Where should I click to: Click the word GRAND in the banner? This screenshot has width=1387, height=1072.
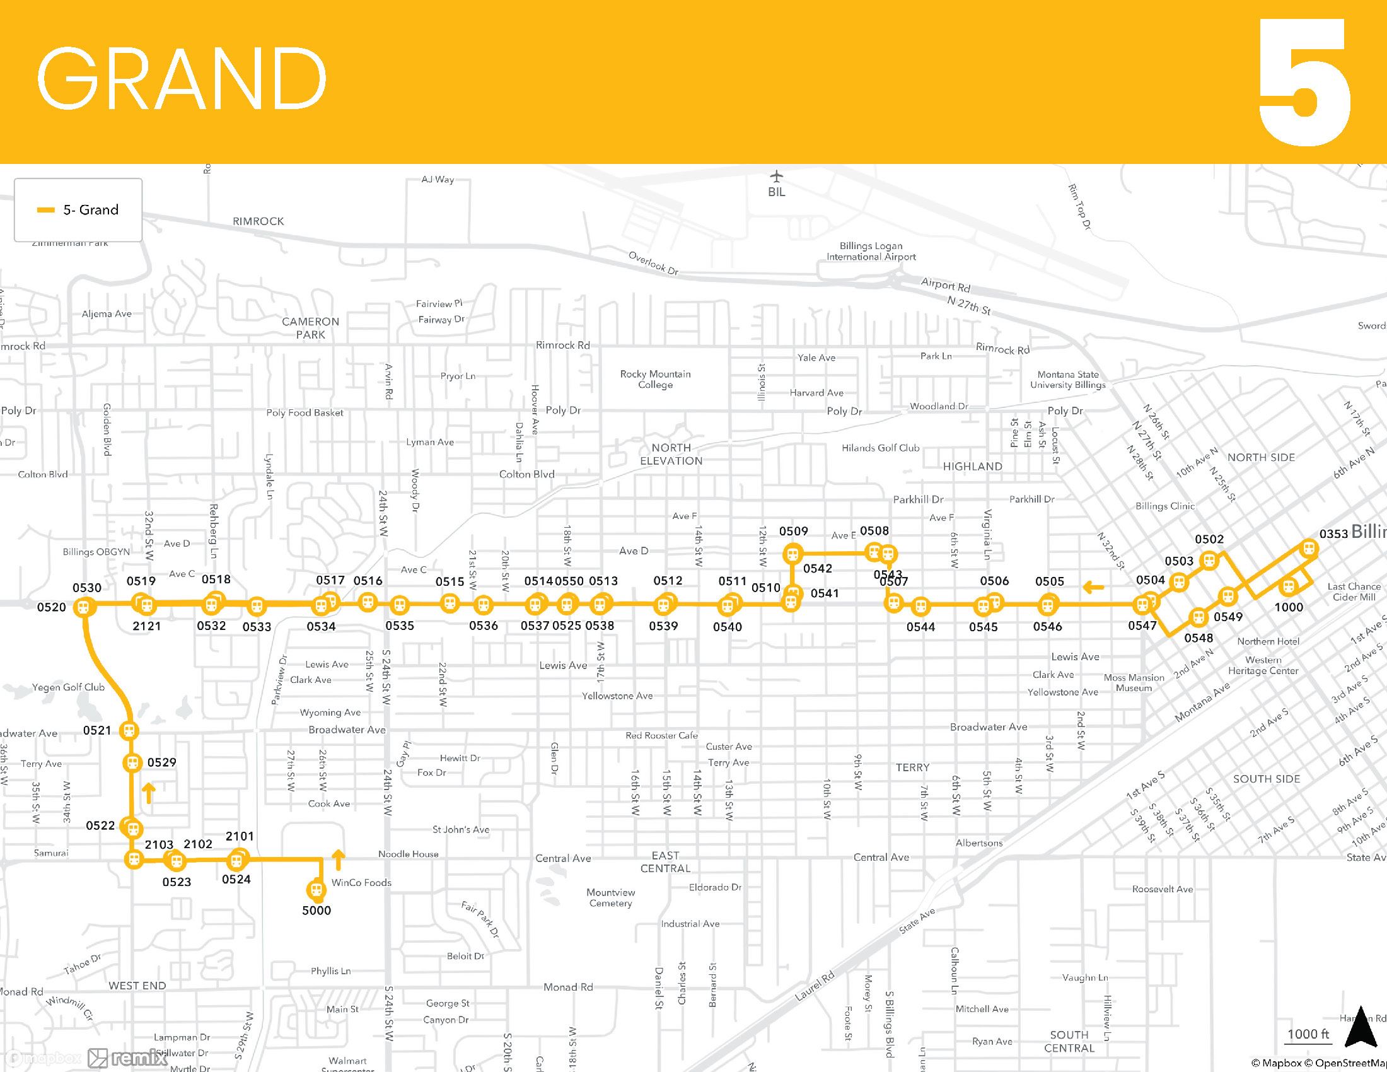182,79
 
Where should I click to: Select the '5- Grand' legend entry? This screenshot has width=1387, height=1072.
78,210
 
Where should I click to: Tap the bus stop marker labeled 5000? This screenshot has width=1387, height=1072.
316,889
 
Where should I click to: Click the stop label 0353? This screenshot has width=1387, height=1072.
1333,533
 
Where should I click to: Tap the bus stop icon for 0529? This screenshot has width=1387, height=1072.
132,762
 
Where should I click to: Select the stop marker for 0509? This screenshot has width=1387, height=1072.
792,554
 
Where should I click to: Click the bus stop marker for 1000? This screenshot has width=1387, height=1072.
1289,586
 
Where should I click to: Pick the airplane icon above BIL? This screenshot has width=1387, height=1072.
776,176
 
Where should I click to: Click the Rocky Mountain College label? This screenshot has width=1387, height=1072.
656,379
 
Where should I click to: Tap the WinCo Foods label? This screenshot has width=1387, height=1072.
361,883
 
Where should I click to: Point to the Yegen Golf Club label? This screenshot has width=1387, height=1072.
68,687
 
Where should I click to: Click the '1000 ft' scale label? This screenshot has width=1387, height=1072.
1308,1034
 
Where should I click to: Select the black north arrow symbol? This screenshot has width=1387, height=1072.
1360,1026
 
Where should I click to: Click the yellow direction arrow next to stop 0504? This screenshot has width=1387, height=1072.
1093,587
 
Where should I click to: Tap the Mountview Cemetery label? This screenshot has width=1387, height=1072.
610,897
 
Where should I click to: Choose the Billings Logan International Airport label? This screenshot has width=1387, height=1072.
871,252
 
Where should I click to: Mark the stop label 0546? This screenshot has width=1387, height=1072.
1047,627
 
